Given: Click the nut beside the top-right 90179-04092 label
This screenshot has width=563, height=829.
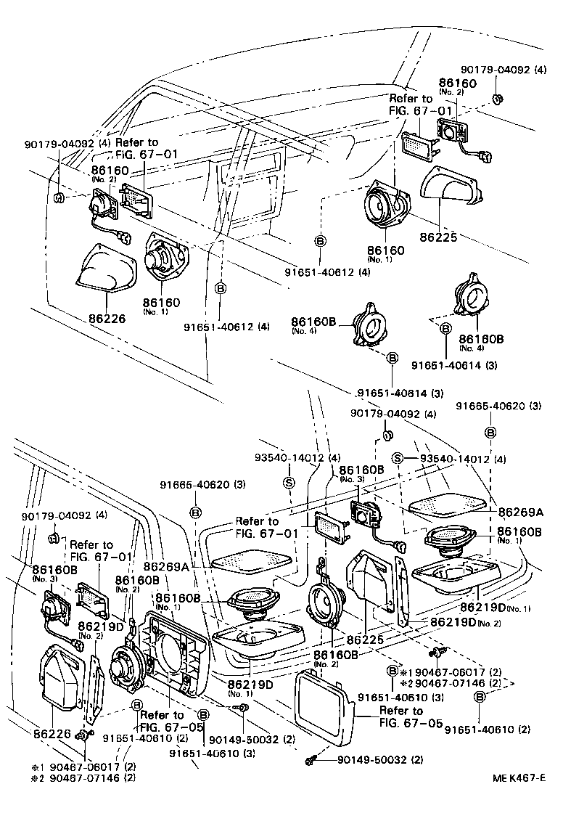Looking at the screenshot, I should [498, 98].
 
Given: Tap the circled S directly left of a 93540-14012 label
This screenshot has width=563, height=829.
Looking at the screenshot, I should [398, 458].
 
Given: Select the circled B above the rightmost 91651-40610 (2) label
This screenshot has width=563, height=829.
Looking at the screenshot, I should [480, 697].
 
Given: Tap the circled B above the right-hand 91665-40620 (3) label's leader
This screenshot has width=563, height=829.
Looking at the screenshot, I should [490, 432].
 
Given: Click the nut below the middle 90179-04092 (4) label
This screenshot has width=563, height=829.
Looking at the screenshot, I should [387, 434].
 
